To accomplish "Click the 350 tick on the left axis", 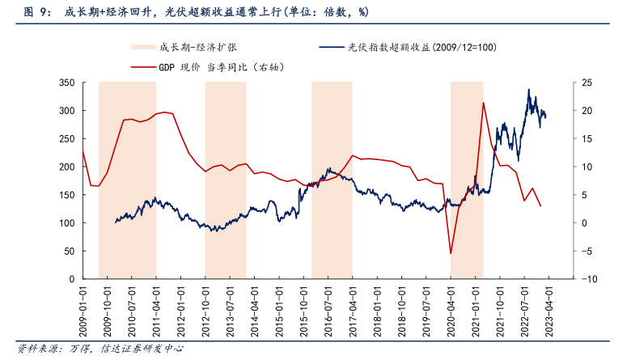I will point(69,83).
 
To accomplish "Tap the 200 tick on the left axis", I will point(69,167).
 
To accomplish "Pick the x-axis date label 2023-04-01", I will point(548,306).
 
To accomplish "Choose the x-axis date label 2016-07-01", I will point(329,306).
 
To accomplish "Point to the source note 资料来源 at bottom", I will point(97,349).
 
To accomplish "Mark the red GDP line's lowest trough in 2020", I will point(451,253).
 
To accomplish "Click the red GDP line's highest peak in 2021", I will point(483,103).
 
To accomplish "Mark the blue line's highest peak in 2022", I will point(529,89).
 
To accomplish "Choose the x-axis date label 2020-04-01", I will point(451,306).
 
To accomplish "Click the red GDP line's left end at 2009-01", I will point(83,150).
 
